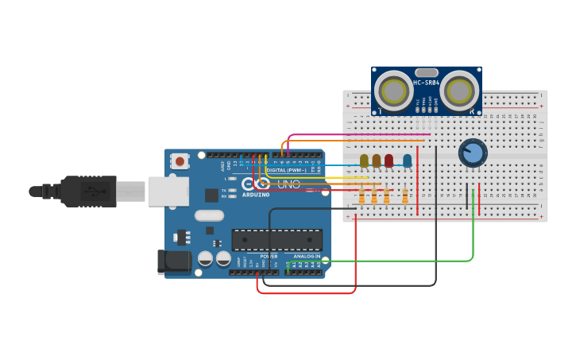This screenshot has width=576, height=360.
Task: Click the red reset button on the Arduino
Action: pyautogui.click(x=180, y=161)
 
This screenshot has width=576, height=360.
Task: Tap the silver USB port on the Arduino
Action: pyautogui.click(x=168, y=192)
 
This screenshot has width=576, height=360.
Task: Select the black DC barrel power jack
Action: pyautogui.click(x=175, y=261)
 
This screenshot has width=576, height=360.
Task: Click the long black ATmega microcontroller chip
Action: pyautogui.click(x=276, y=239)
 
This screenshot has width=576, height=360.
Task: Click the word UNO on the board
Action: pyautogui.click(x=288, y=184)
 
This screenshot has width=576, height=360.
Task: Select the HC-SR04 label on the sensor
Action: pyautogui.click(x=427, y=83)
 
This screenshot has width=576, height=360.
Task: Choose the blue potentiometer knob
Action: pyautogui.click(x=473, y=153)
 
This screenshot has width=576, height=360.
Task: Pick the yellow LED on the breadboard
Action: pyautogui.click(x=364, y=161)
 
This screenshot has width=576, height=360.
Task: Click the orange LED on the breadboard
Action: pyautogui.click(x=377, y=161)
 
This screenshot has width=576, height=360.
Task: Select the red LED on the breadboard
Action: pyautogui.click(x=389, y=161)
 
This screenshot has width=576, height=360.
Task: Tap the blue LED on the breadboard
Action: pyautogui.click(x=408, y=161)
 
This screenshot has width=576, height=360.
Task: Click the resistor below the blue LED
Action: pyautogui.click(x=405, y=195)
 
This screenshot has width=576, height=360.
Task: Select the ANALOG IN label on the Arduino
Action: pyautogui.click(x=307, y=257)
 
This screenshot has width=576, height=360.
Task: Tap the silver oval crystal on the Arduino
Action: pyautogui.click(x=210, y=215)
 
